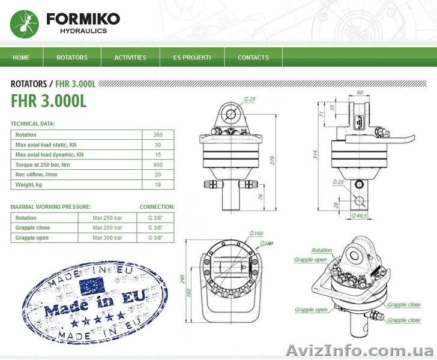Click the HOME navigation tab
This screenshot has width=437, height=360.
click(21, 58)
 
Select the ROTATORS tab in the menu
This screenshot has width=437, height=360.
click(72, 58)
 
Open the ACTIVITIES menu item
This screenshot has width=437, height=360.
click(130, 58)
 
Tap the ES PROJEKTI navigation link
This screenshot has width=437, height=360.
click(192, 58)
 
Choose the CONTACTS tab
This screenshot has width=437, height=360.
click(253, 58)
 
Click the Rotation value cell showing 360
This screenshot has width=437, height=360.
click(158, 135)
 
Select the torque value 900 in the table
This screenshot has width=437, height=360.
click(158, 164)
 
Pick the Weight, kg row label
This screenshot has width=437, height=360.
click(32, 184)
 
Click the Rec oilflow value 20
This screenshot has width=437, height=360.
click(158, 175)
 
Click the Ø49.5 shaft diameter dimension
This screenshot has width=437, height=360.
click(361, 215)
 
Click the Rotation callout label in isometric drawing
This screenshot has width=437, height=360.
click(322, 250)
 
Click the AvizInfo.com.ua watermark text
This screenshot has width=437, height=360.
click(360, 350)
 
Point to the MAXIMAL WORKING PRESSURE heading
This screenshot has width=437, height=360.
click(51, 206)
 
